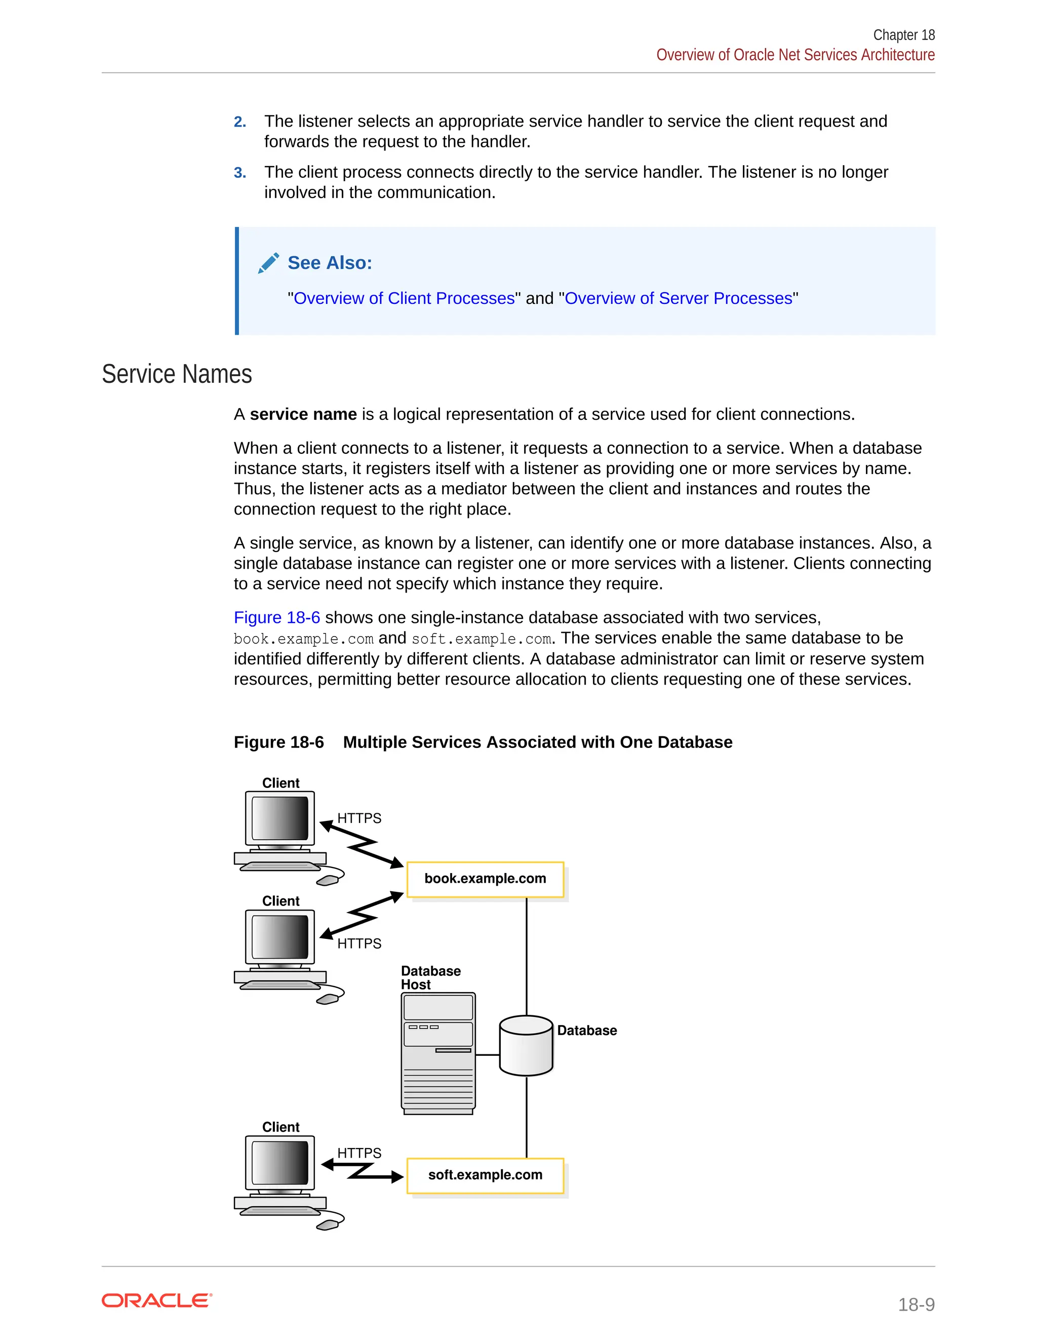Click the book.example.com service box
485,879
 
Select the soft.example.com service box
485,1175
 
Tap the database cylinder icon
526,1046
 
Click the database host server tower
438,1053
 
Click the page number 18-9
916,1304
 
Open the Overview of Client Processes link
404,299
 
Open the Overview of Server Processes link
678,299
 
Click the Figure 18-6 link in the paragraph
276,617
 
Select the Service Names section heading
177,374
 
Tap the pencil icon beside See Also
268,263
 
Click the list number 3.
240,173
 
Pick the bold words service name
303,415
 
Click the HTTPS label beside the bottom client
359,1153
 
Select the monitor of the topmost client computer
280,818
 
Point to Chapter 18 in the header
904,35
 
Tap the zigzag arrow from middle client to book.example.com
363,917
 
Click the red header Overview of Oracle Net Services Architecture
795,55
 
